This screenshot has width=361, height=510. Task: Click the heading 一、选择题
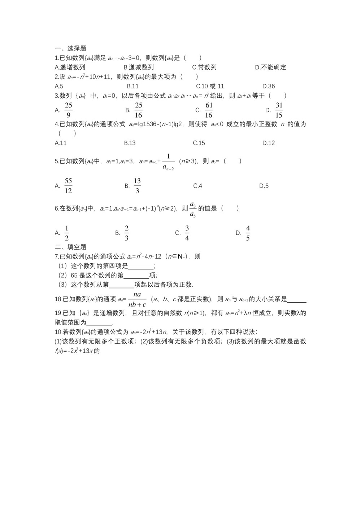[x=70, y=48]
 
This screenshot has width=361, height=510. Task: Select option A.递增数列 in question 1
[x=70, y=67]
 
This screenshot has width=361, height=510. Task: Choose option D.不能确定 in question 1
[x=270, y=67]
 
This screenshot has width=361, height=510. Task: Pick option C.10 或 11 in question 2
[x=210, y=86]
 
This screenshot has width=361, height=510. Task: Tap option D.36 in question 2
[x=269, y=86]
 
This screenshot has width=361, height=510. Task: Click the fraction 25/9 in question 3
[x=68, y=110]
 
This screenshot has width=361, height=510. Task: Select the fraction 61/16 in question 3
[x=209, y=110]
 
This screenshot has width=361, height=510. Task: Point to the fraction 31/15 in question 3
[x=279, y=110]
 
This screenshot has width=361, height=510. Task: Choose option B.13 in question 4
[x=130, y=143]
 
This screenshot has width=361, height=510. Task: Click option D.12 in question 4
[x=269, y=143]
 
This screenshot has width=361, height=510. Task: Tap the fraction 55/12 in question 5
[x=68, y=186]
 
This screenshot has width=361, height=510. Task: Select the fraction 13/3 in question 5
[x=137, y=186]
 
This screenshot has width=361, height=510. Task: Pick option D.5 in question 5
[x=264, y=186]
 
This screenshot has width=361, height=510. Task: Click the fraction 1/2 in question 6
[x=67, y=233]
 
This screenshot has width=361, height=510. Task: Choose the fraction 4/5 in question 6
[x=248, y=233]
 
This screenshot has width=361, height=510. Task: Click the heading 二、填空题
[x=70, y=247]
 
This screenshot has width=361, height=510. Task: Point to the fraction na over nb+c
[x=137, y=299]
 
